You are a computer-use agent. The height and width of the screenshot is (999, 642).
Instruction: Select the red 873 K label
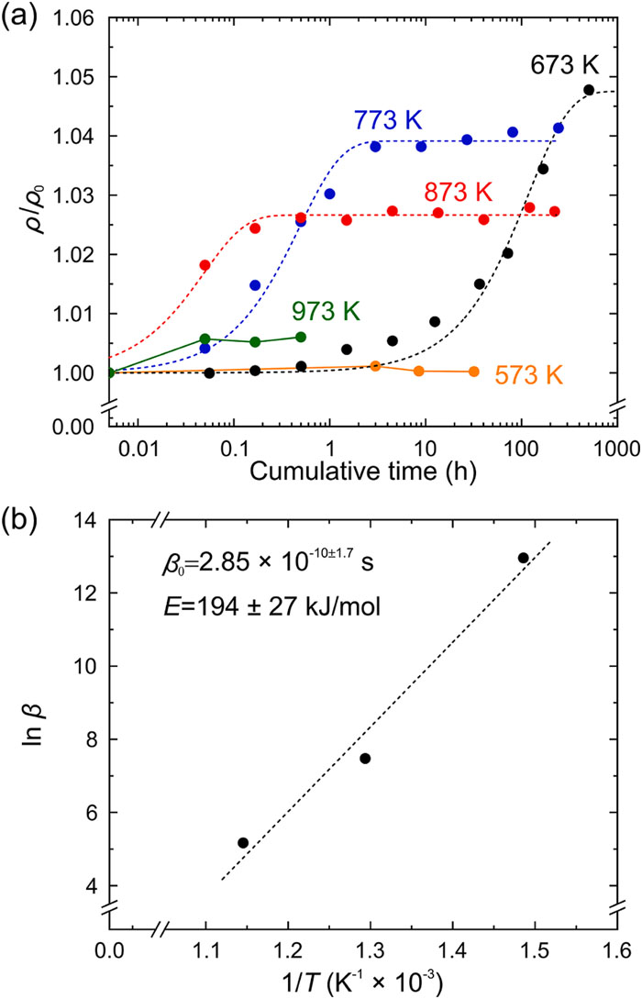click(x=458, y=193)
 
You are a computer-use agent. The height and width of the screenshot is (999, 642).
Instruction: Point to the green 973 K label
click(x=327, y=309)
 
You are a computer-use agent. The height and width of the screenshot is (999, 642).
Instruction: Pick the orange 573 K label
click(x=529, y=374)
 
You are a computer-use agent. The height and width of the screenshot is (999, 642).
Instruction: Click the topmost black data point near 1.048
click(x=588, y=90)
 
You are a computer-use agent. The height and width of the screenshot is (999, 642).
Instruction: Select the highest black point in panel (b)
click(x=524, y=558)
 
